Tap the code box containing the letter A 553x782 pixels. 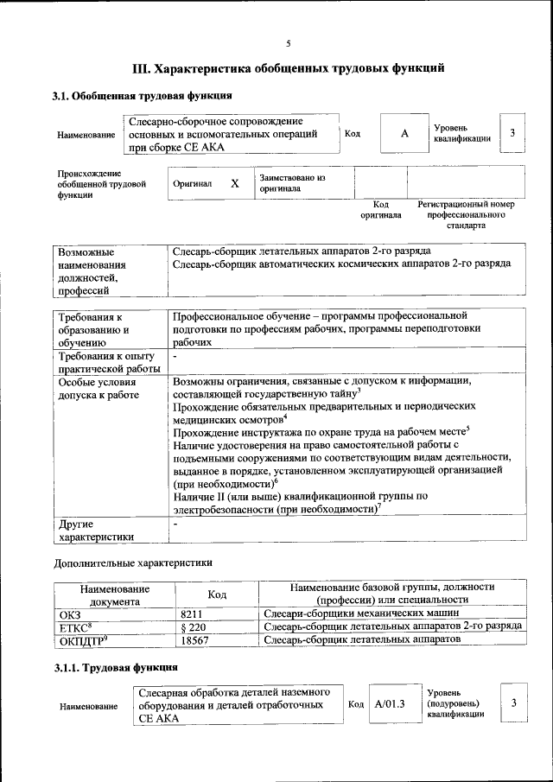[404, 134]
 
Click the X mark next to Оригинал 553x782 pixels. [234, 184]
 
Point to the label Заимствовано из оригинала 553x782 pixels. [291, 183]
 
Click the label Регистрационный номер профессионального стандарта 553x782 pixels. [466, 214]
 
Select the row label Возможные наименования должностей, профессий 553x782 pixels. [92, 271]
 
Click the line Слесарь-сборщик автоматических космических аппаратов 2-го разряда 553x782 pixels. [341, 264]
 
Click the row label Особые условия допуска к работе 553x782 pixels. [98, 388]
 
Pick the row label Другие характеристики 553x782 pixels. [95, 531]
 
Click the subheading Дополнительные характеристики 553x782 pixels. [132, 563]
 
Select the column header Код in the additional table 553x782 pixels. [217, 594]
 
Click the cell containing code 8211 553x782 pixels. [192, 614]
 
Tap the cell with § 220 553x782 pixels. [193, 626]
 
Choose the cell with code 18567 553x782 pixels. [195, 640]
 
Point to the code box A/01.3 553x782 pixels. [390, 704]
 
